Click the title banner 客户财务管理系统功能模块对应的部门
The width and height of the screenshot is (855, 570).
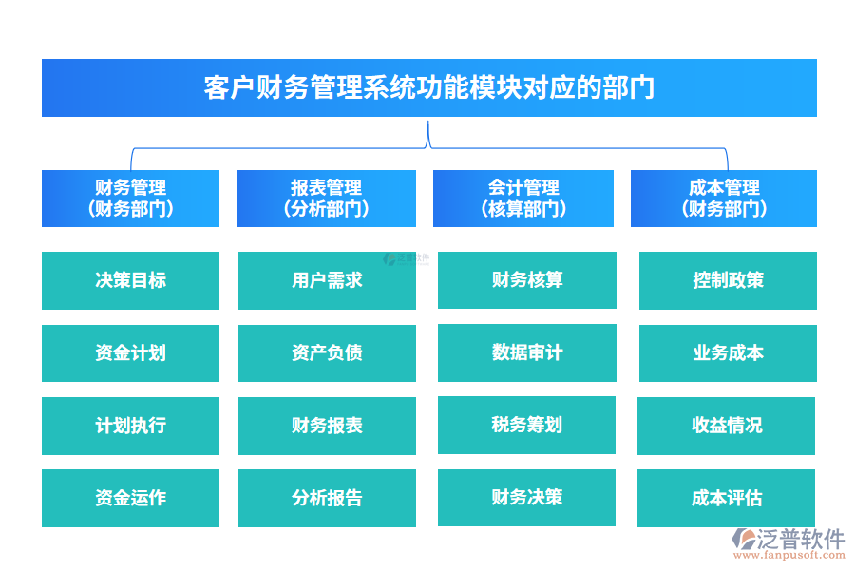click(x=428, y=87)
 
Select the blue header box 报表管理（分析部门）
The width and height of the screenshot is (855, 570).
click(x=326, y=199)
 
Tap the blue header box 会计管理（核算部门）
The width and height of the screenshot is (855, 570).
click(x=523, y=199)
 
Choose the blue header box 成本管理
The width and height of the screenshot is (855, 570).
click(x=723, y=199)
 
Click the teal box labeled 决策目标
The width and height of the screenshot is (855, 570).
click(x=130, y=280)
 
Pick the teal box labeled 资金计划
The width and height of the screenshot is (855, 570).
click(x=130, y=353)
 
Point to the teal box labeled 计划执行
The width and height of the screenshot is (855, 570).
click(x=130, y=426)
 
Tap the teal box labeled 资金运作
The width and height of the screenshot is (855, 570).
click(x=130, y=498)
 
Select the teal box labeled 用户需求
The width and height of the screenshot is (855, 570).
click(x=327, y=280)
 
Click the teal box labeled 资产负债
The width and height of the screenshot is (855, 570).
click(x=327, y=353)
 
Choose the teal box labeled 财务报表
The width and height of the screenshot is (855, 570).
click(x=327, y=426)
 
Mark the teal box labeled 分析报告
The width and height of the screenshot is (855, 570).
click(x=327, y=498)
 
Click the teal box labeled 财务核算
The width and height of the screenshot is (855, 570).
click(x=526, y=280)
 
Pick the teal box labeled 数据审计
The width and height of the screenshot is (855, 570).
click(x=526, y=352)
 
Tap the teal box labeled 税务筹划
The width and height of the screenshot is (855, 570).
click(x=526, y=425)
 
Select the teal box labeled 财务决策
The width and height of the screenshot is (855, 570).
click(x=526, y=497)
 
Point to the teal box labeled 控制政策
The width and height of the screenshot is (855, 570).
click(x=728, y=280)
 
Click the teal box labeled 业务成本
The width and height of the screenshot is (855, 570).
click(x=728, y=353)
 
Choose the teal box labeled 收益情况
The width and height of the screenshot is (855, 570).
click(x=726, y=426)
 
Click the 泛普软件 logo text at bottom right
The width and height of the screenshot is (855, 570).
click(x=800, y=540)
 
